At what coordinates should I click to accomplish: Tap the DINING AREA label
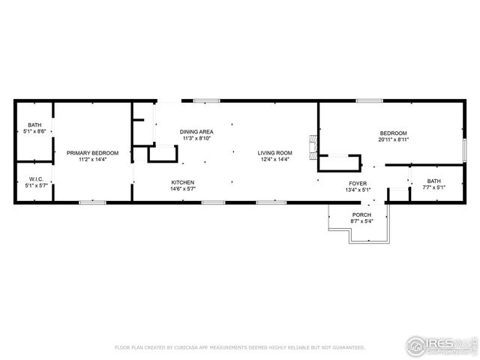click(x=196, y=132)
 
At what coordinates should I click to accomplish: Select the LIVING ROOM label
click(x=275, y=153)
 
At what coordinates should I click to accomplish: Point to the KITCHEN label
click(x=183, y=182)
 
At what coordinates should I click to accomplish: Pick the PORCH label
click(x=361, y=214)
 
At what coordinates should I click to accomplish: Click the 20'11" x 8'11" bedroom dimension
click(x=393, y=139)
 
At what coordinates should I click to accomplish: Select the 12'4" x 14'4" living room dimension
click(x=275, y=159)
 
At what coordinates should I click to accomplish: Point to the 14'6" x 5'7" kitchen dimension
click(x=183, y=189)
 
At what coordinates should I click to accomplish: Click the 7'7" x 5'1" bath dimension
click(x=434, y=187)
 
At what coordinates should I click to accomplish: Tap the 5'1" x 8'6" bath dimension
click(x=35, y=131)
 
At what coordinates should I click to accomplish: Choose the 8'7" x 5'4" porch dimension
click(x=361, y=221)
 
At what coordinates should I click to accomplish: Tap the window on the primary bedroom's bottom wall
click(x=91, y=202)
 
